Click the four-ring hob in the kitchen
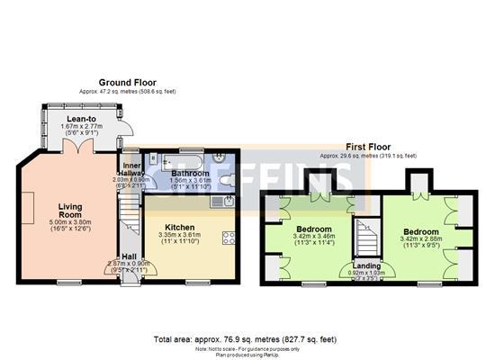click(x=229, y=238)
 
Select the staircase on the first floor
click(x=364, y=236)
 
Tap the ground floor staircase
click(x=126, y=216)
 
